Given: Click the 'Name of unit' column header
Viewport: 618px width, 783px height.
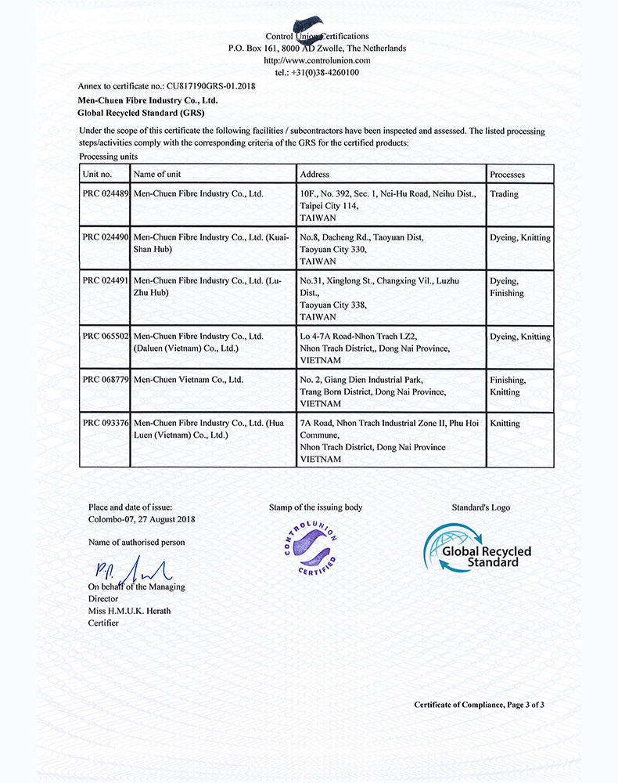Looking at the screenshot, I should click(x=157, y=174).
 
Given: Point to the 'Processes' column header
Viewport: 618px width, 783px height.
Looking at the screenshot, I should click(x=507, y=174).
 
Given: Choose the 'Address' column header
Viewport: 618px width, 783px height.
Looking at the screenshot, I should click(x=314, y=174).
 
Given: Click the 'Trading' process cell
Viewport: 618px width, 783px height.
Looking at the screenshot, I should click(x=504, y=194).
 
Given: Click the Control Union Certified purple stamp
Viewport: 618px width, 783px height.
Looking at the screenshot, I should click(x=311, y=547).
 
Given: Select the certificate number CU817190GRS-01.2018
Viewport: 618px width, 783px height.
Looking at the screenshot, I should click(x=210, y=85).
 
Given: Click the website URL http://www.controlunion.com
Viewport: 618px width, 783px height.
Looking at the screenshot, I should click(x=317, y=60).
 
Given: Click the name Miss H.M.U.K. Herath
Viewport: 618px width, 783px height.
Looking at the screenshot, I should click(x=129, y=611).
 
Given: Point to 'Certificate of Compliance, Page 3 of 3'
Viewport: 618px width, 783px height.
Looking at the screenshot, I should click(x=479, y=705).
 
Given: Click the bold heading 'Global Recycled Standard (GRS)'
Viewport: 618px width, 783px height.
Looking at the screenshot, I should click(x=142, y=113).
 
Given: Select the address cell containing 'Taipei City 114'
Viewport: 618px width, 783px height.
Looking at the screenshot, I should click(x=387, y=205).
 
